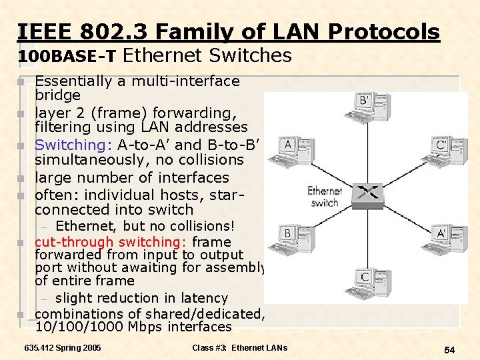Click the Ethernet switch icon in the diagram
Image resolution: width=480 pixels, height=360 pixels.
pyautogui.click(x=366, y=193)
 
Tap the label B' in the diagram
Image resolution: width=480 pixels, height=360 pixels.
pyautogui.click(x=365, y=101)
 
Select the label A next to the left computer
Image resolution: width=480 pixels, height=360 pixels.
pyautogui.click(x=287, y=145)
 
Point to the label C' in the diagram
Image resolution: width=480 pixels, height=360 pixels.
pyautogui.click(x=441, y=144)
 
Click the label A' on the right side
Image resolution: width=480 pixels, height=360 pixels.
pyautogui.click(x=441, y=233)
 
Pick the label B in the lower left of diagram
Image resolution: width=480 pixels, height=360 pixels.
pyautogui.click(x=287, y=233)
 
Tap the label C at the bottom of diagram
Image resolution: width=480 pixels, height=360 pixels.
pyautogui.click(x=365, y=277)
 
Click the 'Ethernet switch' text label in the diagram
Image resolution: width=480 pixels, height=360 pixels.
pyautogui.click(x=324, y=197)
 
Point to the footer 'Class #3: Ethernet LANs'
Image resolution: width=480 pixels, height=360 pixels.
pyautogui.click(x=239, y=348)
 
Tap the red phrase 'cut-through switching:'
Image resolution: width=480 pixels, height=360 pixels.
pyautogui.click(x=111, y=242)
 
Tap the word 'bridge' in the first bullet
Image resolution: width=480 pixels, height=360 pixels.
pyautogui.click(x=57, y=95)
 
